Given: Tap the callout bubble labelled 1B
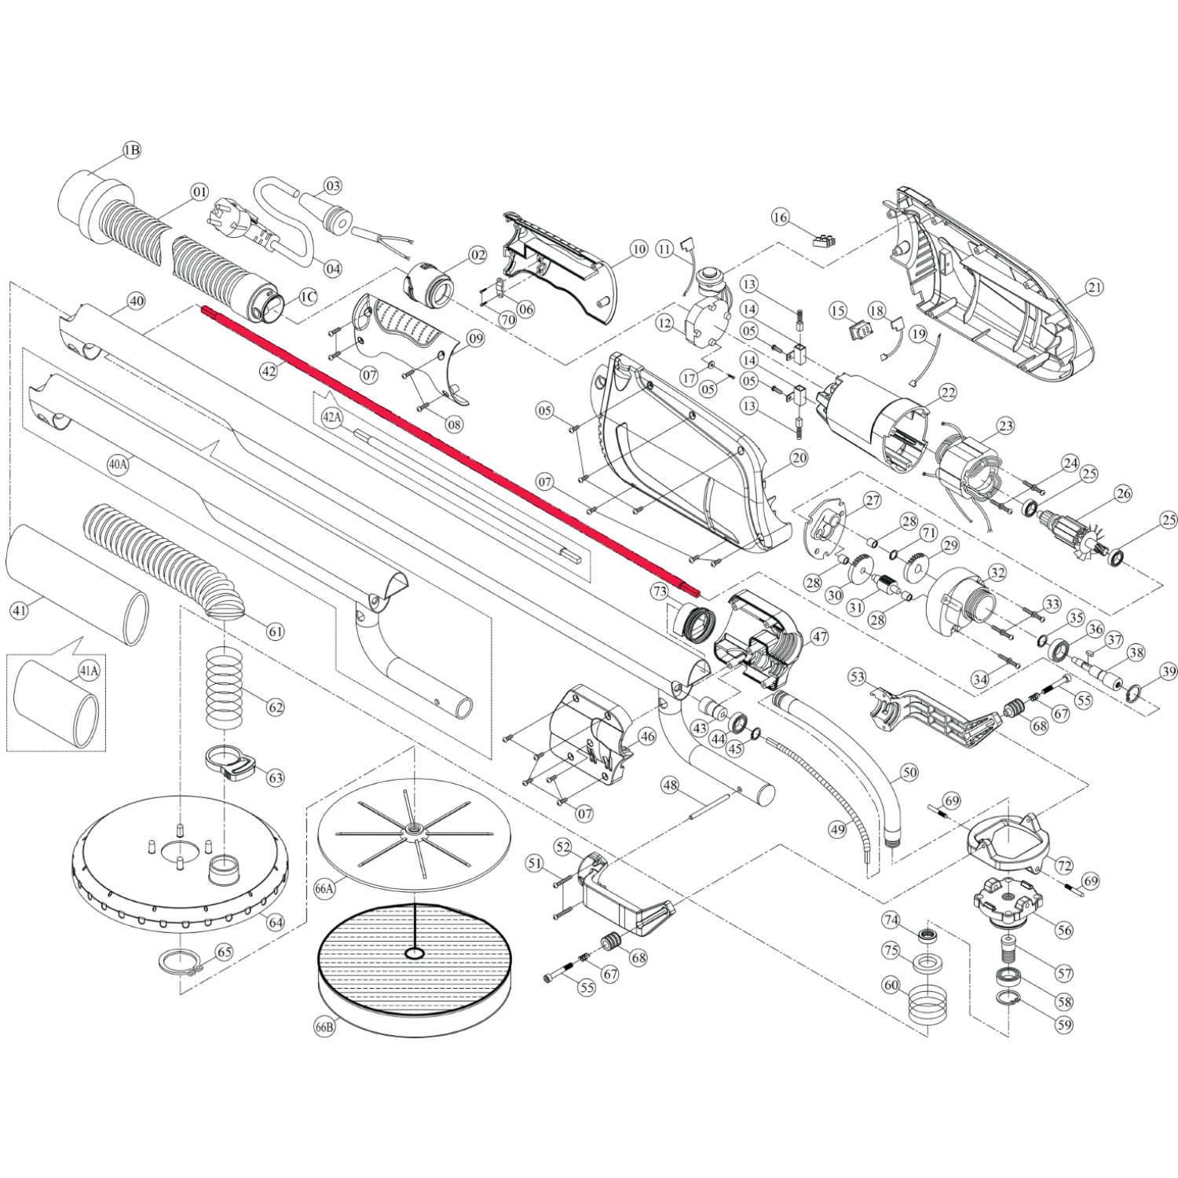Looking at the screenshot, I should [x=131, y=150].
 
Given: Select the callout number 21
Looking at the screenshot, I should [x=1094, y=288].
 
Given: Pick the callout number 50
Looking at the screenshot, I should [x=909, y=773].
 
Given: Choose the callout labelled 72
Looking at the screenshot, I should [x=1064, y=866].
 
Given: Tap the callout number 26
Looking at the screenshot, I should [x=1124, y=494].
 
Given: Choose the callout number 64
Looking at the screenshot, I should [x=275, y=922].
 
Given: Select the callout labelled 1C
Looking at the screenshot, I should [x=307, y=297].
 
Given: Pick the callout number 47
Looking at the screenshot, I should [x=819, y=637].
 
